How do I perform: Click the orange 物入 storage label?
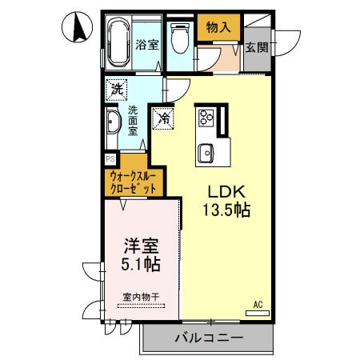(218, 27)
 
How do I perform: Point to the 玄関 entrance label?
(256, 47)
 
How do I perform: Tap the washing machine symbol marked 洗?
(118, 88)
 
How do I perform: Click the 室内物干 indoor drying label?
(141, 296)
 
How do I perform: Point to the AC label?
(258, 303)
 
